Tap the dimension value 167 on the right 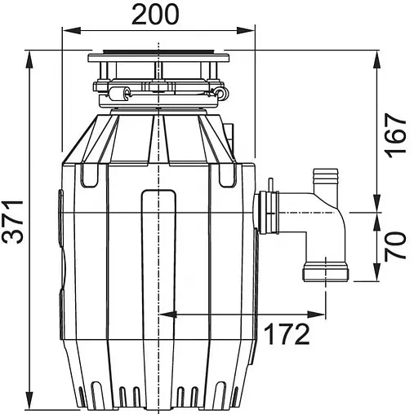pos(395,134)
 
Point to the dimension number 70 pos(395,245)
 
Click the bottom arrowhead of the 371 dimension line pos(29,404)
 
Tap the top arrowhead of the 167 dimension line pos(376,60)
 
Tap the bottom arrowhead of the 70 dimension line pos(376,278)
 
